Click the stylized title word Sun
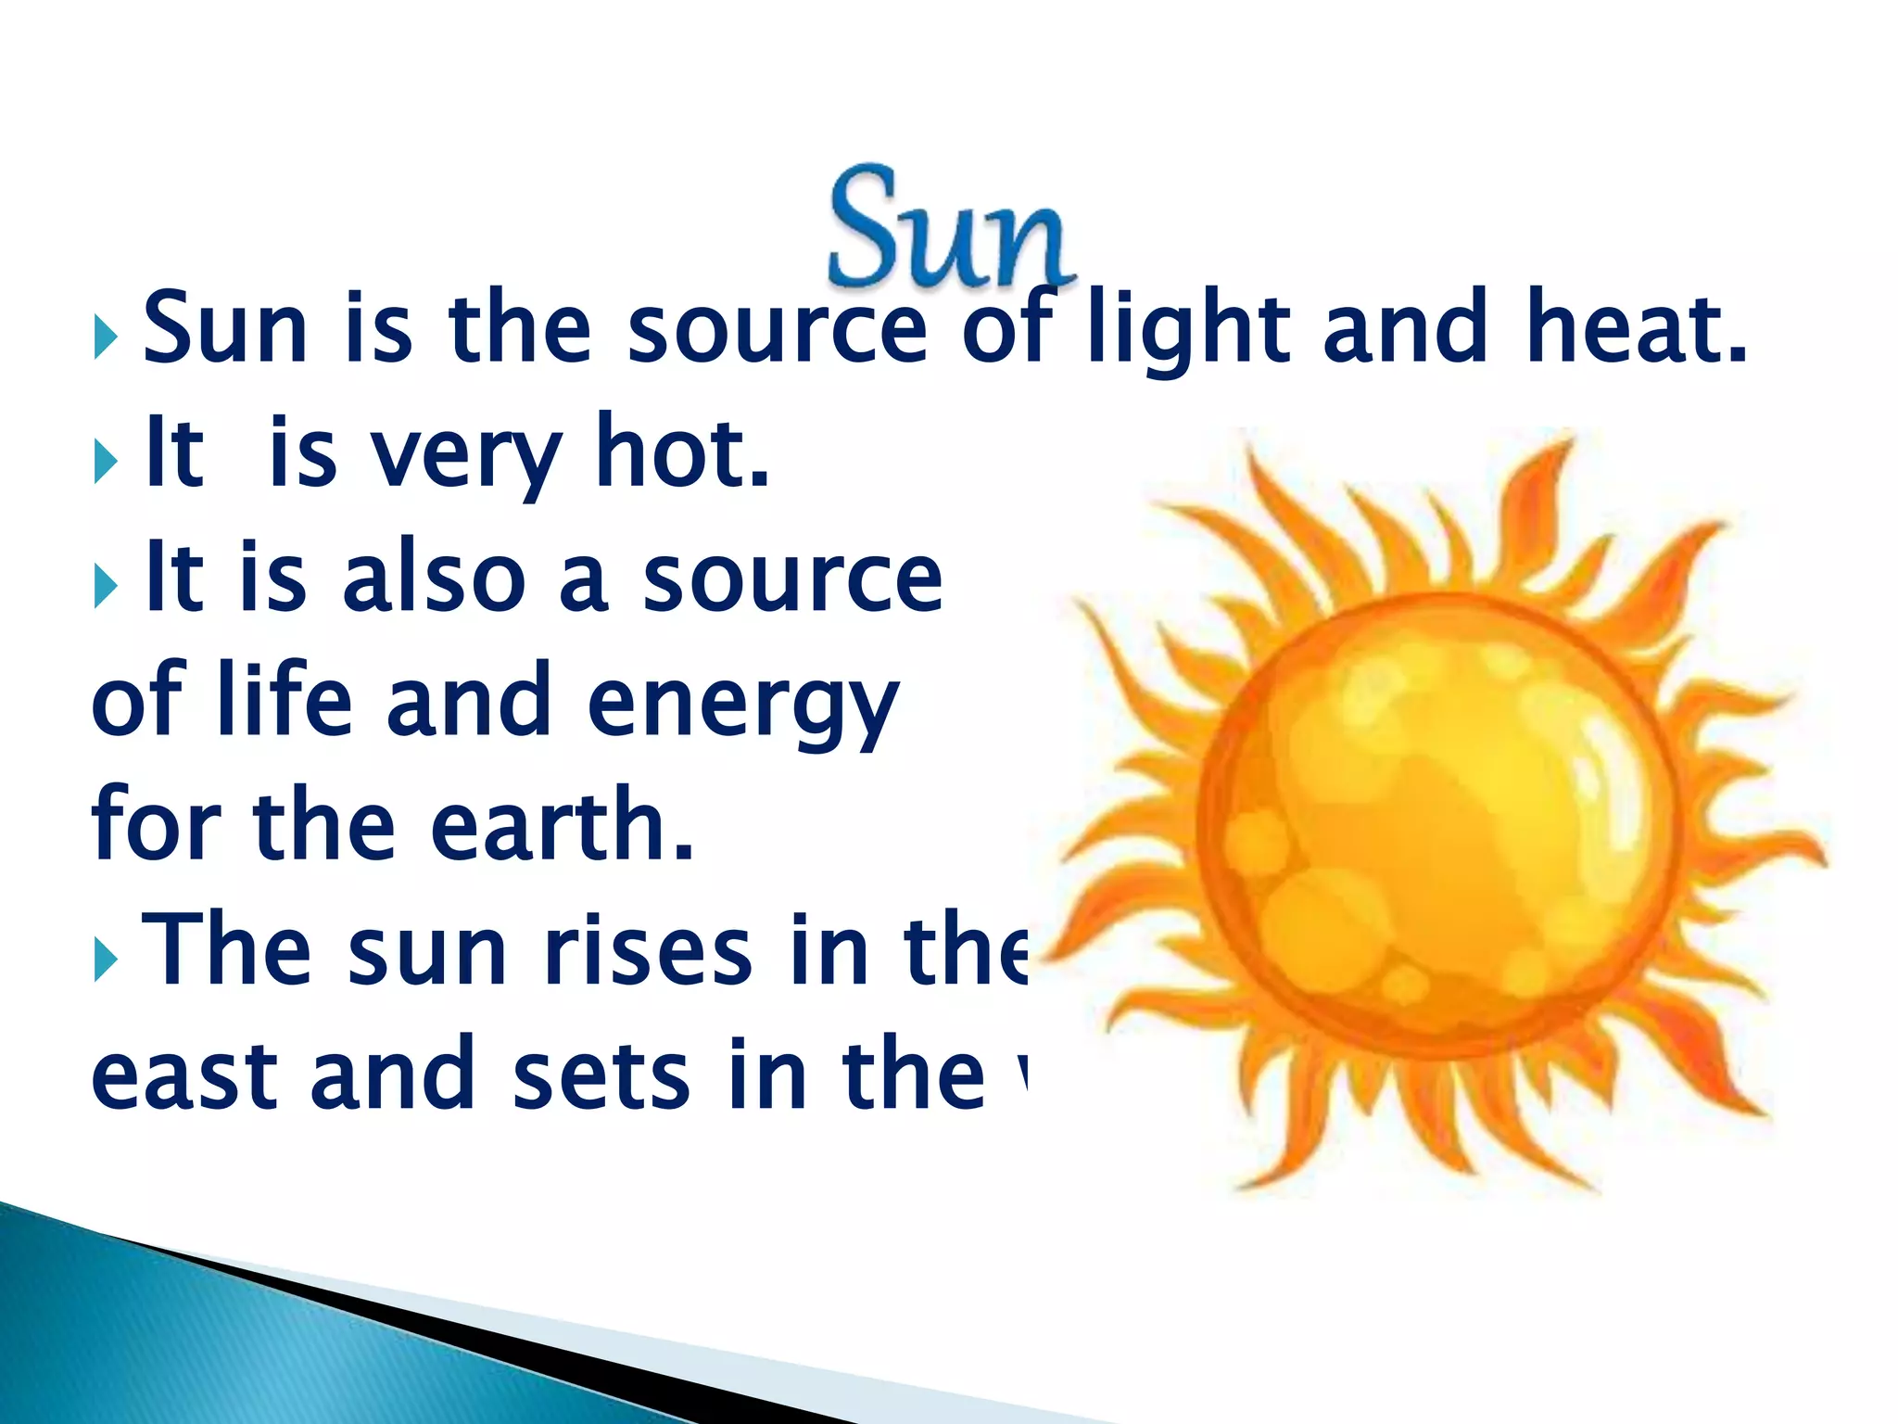pos(950,227)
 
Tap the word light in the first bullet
pos(1189,329)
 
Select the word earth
pos(562,824)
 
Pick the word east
pos(184,1075)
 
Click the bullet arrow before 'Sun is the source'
pos(106,337)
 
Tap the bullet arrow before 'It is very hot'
pos(106,461)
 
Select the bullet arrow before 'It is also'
pos(106,586)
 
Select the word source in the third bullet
pos(792,578)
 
